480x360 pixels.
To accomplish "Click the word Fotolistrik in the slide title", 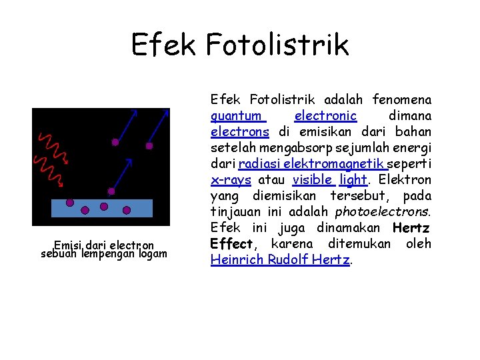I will click(x=277, y=44).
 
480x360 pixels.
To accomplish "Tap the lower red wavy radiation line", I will click(x=49, y=172).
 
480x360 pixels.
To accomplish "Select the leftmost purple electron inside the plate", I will click(x=69, y=203).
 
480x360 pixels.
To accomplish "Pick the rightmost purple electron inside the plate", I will click(x=123, y=207).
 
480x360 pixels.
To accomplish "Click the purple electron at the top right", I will click(x=149, y=145).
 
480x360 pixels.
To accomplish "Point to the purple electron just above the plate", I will click(x=111, y=191).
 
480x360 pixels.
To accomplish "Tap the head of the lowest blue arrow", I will click(x=129, y=161).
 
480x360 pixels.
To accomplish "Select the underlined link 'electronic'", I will click(x=325, y=116).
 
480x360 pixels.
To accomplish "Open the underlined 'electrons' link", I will click(x=240, y=132).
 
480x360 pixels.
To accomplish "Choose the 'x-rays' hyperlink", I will click(x=231, y=180).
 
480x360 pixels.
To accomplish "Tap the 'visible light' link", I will click(x=329, y=180).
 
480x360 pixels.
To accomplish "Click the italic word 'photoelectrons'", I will click(x=383, y=212).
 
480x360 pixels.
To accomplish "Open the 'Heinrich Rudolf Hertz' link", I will click(x=280, y=260).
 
